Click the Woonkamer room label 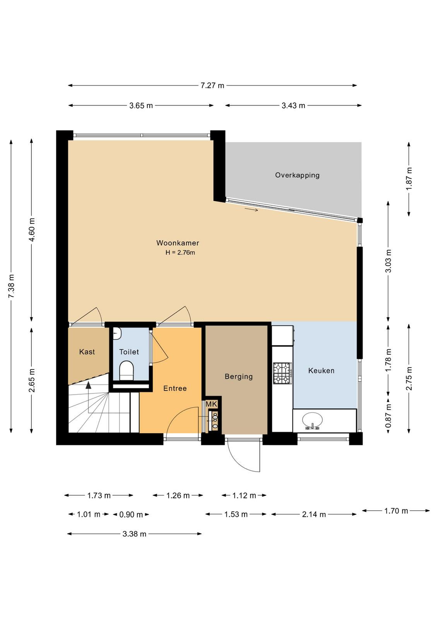178,243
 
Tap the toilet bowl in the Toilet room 127,371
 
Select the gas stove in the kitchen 282,373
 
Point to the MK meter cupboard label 211,404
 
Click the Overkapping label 297,175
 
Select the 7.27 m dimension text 212,85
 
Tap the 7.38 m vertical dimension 11,286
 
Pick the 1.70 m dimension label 396,511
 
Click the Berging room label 239,376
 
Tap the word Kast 87,352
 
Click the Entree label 175,388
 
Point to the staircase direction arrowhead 89,385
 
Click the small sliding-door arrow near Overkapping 252,209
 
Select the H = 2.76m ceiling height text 180,252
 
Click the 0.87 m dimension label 388,416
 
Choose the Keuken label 322,371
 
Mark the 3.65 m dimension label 141,106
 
